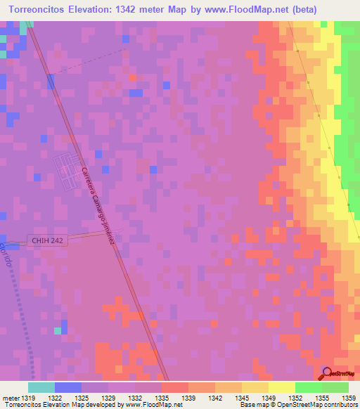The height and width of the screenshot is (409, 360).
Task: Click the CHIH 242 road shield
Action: (48, 240)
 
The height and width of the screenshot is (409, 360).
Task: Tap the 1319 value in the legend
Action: (29, 397)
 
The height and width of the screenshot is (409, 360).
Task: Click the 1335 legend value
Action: (162, 397)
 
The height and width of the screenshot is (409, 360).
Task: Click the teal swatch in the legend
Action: (41, 387)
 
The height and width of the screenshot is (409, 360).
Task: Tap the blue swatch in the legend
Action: (68, 387)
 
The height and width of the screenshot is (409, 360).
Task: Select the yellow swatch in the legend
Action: (281, 387)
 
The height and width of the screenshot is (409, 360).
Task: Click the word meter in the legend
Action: (10, 397)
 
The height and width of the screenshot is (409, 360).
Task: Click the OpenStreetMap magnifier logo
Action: (327, 372)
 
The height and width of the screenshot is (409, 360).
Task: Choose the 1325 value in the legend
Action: (82, 397)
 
